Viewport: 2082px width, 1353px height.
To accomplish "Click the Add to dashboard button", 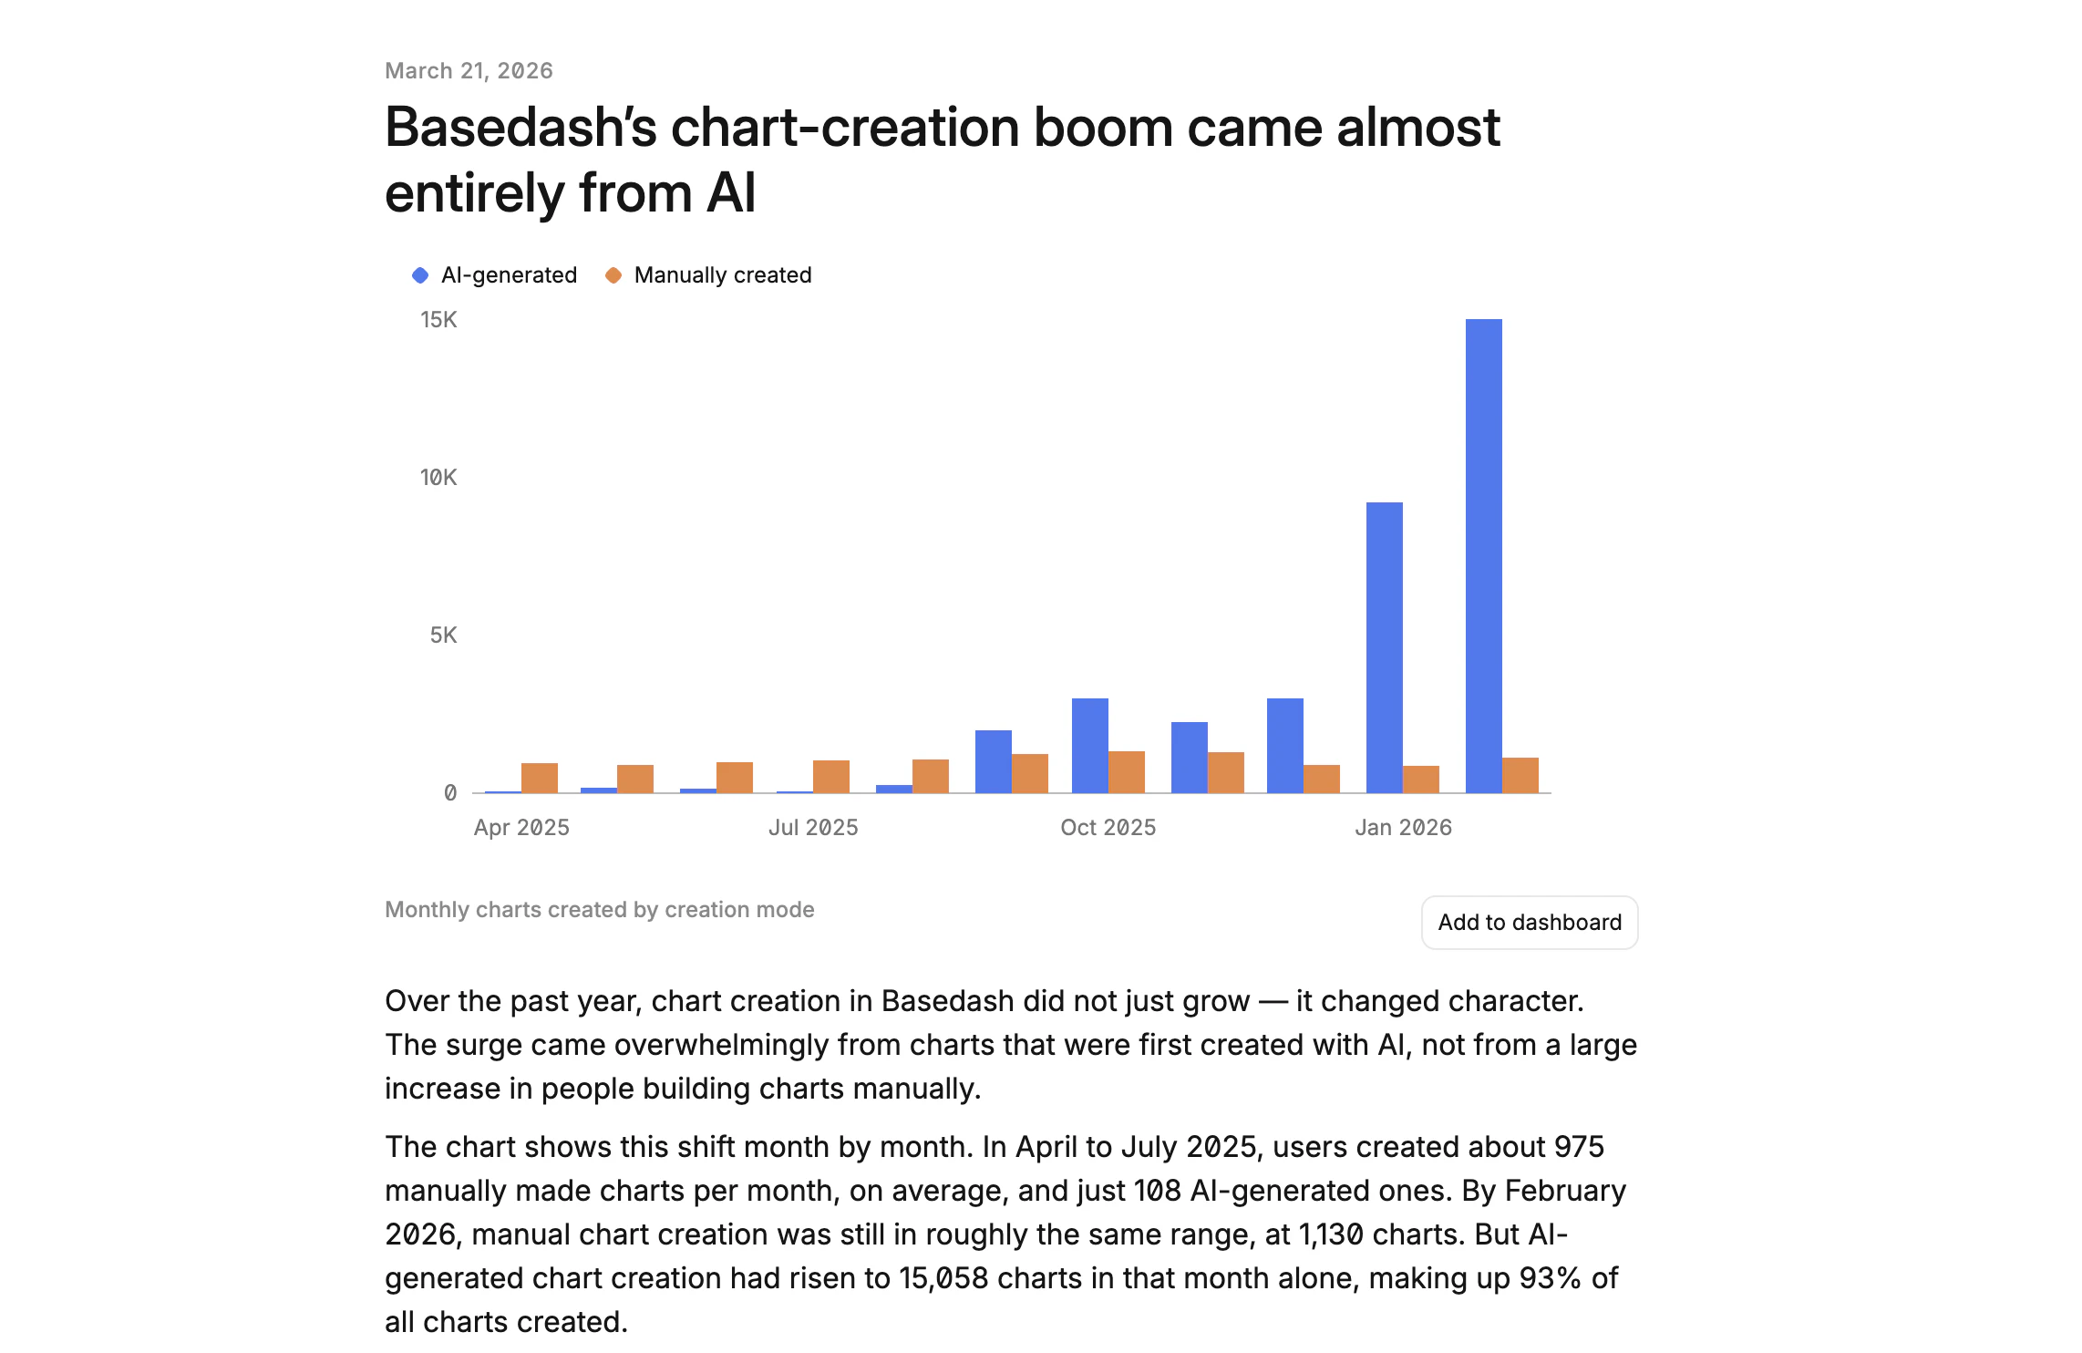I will (1529, 922).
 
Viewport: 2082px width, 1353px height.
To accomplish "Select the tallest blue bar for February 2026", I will (1483, 555).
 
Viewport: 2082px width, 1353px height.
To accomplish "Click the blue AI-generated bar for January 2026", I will (1384, 647).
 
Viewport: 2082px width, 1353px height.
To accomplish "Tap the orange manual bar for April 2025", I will (539, 778).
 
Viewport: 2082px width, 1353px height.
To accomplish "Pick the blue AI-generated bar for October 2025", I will (1089, 745).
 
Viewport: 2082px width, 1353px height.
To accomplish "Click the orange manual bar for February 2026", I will (1520, 775).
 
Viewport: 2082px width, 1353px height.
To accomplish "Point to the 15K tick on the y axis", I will (438, 320).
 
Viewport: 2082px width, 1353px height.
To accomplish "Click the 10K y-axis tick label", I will (438, 478).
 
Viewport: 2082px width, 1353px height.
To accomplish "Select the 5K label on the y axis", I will (443, 635).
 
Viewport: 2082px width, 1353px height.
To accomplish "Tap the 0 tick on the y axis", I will (450, 793).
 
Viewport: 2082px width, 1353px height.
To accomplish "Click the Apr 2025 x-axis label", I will (521, 828).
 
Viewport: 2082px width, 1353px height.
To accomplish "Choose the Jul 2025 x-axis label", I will (813, 828).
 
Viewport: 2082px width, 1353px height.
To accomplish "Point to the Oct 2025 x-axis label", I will (1108, 828).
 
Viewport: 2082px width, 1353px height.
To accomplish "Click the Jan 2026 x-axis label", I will (1403, 828).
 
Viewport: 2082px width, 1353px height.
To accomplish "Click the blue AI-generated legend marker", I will (420, 275).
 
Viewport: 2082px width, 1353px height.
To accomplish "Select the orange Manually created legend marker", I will (613, 275).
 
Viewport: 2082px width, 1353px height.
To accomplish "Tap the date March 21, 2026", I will (469, 71).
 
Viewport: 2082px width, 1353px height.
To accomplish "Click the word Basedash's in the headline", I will (520, 128).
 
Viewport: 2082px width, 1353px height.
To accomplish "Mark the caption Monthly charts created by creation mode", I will (599, 910).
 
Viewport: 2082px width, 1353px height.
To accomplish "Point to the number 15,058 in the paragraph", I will (943, 1278).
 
